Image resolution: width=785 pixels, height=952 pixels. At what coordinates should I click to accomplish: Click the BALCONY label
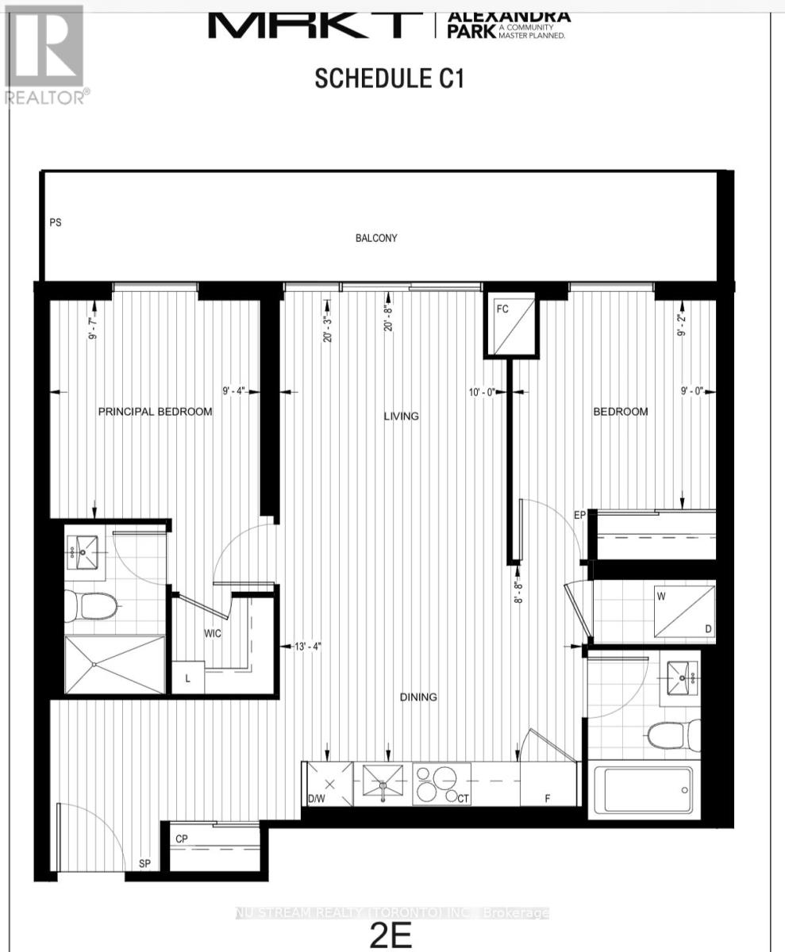pos(376,238)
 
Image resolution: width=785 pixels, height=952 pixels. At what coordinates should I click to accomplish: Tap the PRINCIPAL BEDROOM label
pos(155,412)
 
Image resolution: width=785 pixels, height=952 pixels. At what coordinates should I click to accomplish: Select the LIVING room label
pos(401,416)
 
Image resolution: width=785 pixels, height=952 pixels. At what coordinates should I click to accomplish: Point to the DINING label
pos(418,697)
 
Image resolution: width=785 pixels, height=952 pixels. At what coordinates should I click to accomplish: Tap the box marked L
pos(187,677)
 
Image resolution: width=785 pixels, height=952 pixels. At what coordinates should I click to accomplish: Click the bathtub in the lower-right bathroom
pos(641,790)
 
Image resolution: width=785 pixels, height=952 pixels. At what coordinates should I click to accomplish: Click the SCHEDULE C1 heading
pos(388,79)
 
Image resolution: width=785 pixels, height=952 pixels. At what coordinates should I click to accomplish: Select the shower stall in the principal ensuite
pos(114,662)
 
